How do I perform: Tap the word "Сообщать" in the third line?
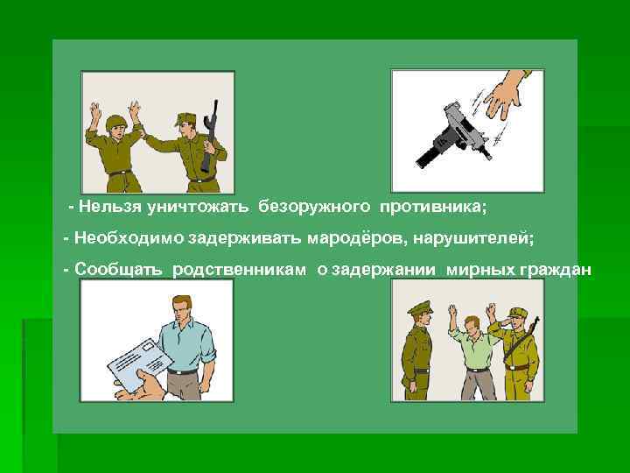pos(118,270)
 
